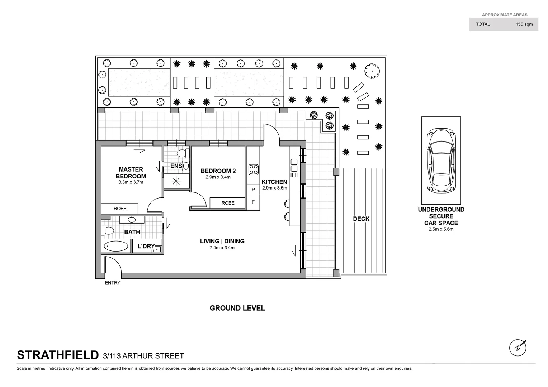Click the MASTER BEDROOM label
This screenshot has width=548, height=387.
[131, 173]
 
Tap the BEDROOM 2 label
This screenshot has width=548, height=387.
[218, 171]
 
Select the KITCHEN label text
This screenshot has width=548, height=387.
[274, 182]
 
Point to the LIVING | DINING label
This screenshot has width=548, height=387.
[222, 241]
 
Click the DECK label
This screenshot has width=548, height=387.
[361, 219]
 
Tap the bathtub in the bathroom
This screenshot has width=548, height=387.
[115, 247]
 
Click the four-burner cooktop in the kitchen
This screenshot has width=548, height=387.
[254, 169]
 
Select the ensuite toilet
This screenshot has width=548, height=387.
[183, 154]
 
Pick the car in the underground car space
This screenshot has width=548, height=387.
[441, 160]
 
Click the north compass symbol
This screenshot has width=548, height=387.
[518, 347]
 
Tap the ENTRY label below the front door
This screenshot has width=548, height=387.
[113, 283]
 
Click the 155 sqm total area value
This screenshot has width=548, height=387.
[524, 24]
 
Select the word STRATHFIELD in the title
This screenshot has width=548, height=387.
[58, 355]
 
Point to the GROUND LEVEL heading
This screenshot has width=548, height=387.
[237, 308]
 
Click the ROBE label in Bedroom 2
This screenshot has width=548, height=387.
[228, 203]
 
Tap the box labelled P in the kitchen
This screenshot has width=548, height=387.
[253, 190]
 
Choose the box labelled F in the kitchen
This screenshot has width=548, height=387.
[253, 202]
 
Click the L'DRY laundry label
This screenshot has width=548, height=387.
[146, 247]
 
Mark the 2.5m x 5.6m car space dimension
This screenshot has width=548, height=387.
[441, 229]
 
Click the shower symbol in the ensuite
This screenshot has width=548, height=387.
[176, 181]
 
